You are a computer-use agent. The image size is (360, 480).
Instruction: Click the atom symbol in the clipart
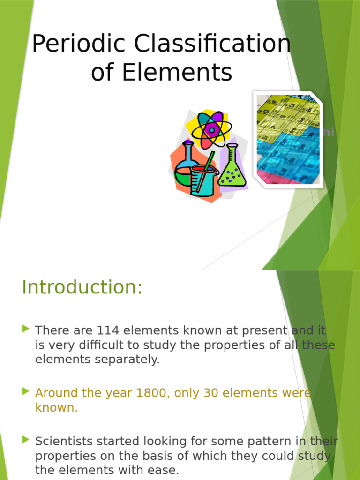tap(212, 129)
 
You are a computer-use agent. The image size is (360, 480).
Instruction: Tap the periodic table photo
tap(288, 139)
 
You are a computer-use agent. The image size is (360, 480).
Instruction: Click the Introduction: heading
tap(82, 287)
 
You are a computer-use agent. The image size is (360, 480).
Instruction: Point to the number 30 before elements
tap(211, 393)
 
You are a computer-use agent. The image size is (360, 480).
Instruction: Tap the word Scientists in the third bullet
tap(61, 441)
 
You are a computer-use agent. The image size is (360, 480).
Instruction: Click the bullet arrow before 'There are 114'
tap(26, 330)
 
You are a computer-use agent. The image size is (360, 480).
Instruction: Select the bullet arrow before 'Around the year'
tap(26, 392)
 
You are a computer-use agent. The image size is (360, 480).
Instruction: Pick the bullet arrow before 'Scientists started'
tap(26, 440)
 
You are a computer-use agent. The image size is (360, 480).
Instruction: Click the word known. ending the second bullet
tap(56, 407)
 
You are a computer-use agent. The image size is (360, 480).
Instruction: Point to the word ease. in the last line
tap(164, 470)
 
